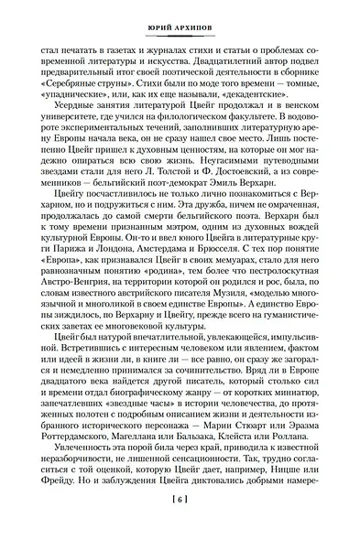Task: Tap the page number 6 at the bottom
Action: (180, 524)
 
